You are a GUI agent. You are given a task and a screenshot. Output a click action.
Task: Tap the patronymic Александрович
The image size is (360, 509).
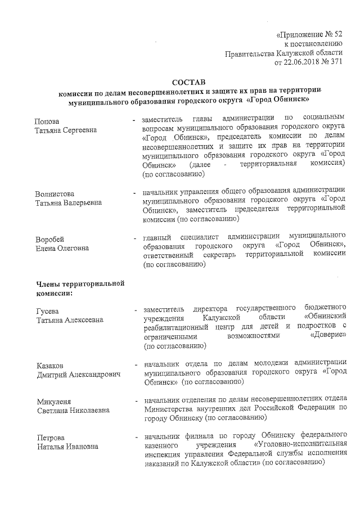94,375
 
